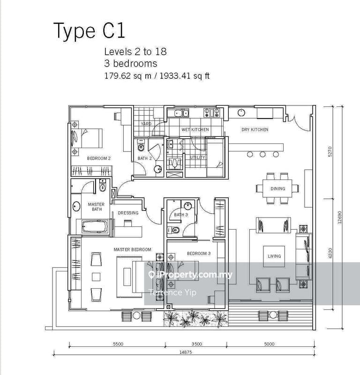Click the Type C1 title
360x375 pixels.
[x=89, y=30]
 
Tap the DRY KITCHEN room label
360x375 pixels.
[x=255, y=130]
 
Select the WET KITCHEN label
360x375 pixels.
[x=195, y=130]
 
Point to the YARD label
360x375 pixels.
[x=146, y=124]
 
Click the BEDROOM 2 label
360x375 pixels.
[x=99, y=158]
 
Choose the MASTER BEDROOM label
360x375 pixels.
[x=132, y=249]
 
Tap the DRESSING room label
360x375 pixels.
[x=128, y=213]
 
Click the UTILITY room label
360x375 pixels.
[x=197, y=157]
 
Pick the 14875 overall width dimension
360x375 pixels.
[x=186, y=352]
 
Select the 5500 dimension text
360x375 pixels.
[x=118, y=344]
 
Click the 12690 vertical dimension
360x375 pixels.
[x=340, y=217]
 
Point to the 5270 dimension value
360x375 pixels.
[x=330, y=151]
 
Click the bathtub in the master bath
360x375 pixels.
[x=95, y=226]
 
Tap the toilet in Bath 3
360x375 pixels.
[x=174, y=230]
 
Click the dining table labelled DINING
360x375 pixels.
[x=277, y=188]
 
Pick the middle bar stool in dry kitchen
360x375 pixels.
[x=262, y=154]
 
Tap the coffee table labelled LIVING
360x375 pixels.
[x=274, y=256]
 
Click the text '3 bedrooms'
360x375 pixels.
[x=131, y=64]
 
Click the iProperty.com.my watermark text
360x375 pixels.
[x=190, y=275]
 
